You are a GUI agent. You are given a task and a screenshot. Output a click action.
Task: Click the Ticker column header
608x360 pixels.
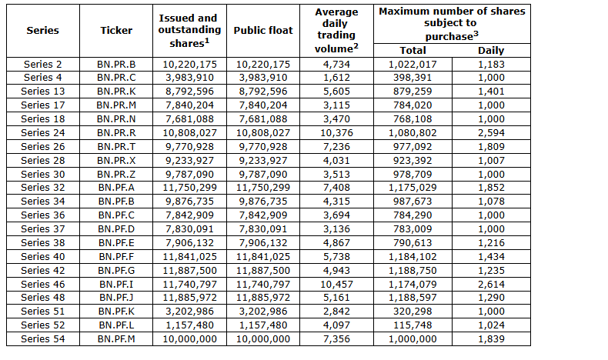[116, 30]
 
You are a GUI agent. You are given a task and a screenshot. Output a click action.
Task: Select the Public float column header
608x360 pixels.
[263, 30]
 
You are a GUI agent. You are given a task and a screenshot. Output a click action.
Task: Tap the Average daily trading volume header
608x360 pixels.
[336, 30]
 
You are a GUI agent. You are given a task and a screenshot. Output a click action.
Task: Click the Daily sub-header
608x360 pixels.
[491, 50]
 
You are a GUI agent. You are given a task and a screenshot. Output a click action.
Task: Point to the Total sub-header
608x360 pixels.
[413, 50]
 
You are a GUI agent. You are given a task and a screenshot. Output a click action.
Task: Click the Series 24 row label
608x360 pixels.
[42, 133]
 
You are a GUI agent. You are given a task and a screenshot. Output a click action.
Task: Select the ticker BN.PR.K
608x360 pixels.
[116, 92]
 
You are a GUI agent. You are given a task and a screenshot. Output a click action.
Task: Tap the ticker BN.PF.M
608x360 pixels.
[116, 339]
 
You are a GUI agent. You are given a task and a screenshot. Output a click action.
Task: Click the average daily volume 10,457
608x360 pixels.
[336, 285]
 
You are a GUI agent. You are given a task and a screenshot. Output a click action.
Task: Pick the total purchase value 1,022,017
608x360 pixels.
[413, 65]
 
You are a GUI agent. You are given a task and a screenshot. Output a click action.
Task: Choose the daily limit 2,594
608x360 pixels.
[491, 133]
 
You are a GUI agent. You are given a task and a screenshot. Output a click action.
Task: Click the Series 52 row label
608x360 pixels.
[42, 325]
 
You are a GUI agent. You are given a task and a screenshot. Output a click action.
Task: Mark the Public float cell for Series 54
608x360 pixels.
[263, 339]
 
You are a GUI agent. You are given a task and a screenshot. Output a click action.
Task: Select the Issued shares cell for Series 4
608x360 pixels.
[189, 78]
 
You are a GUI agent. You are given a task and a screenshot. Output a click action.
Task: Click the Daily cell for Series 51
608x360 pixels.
[491, 312]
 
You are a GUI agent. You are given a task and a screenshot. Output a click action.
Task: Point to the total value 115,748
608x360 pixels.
[413, 325]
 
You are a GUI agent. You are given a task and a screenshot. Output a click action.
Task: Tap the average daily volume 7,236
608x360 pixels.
[336, 147]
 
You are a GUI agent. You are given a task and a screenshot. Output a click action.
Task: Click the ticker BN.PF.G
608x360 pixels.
[116, 271]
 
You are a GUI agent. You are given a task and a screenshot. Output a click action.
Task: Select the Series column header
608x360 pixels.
[42, 30]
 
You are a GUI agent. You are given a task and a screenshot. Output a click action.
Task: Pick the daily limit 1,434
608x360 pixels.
[491, 257]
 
